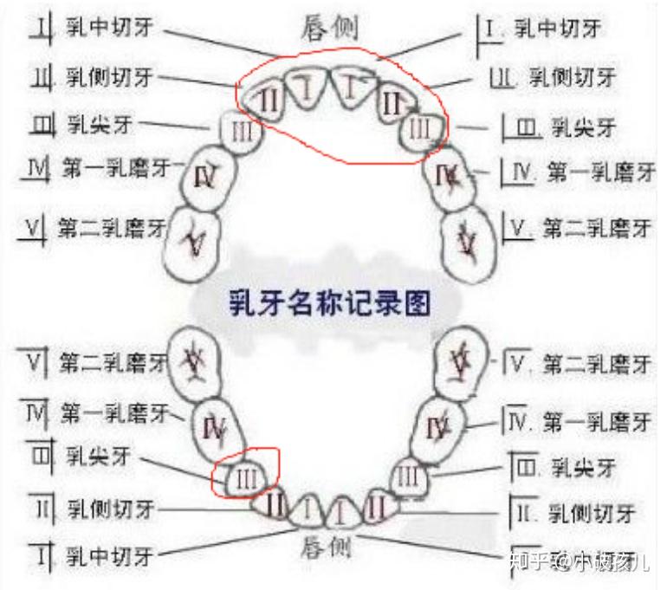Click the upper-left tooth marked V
[x=196, y=243]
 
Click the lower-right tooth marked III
[x=411, y=477]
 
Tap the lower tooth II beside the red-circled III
[x=275, y=501]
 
